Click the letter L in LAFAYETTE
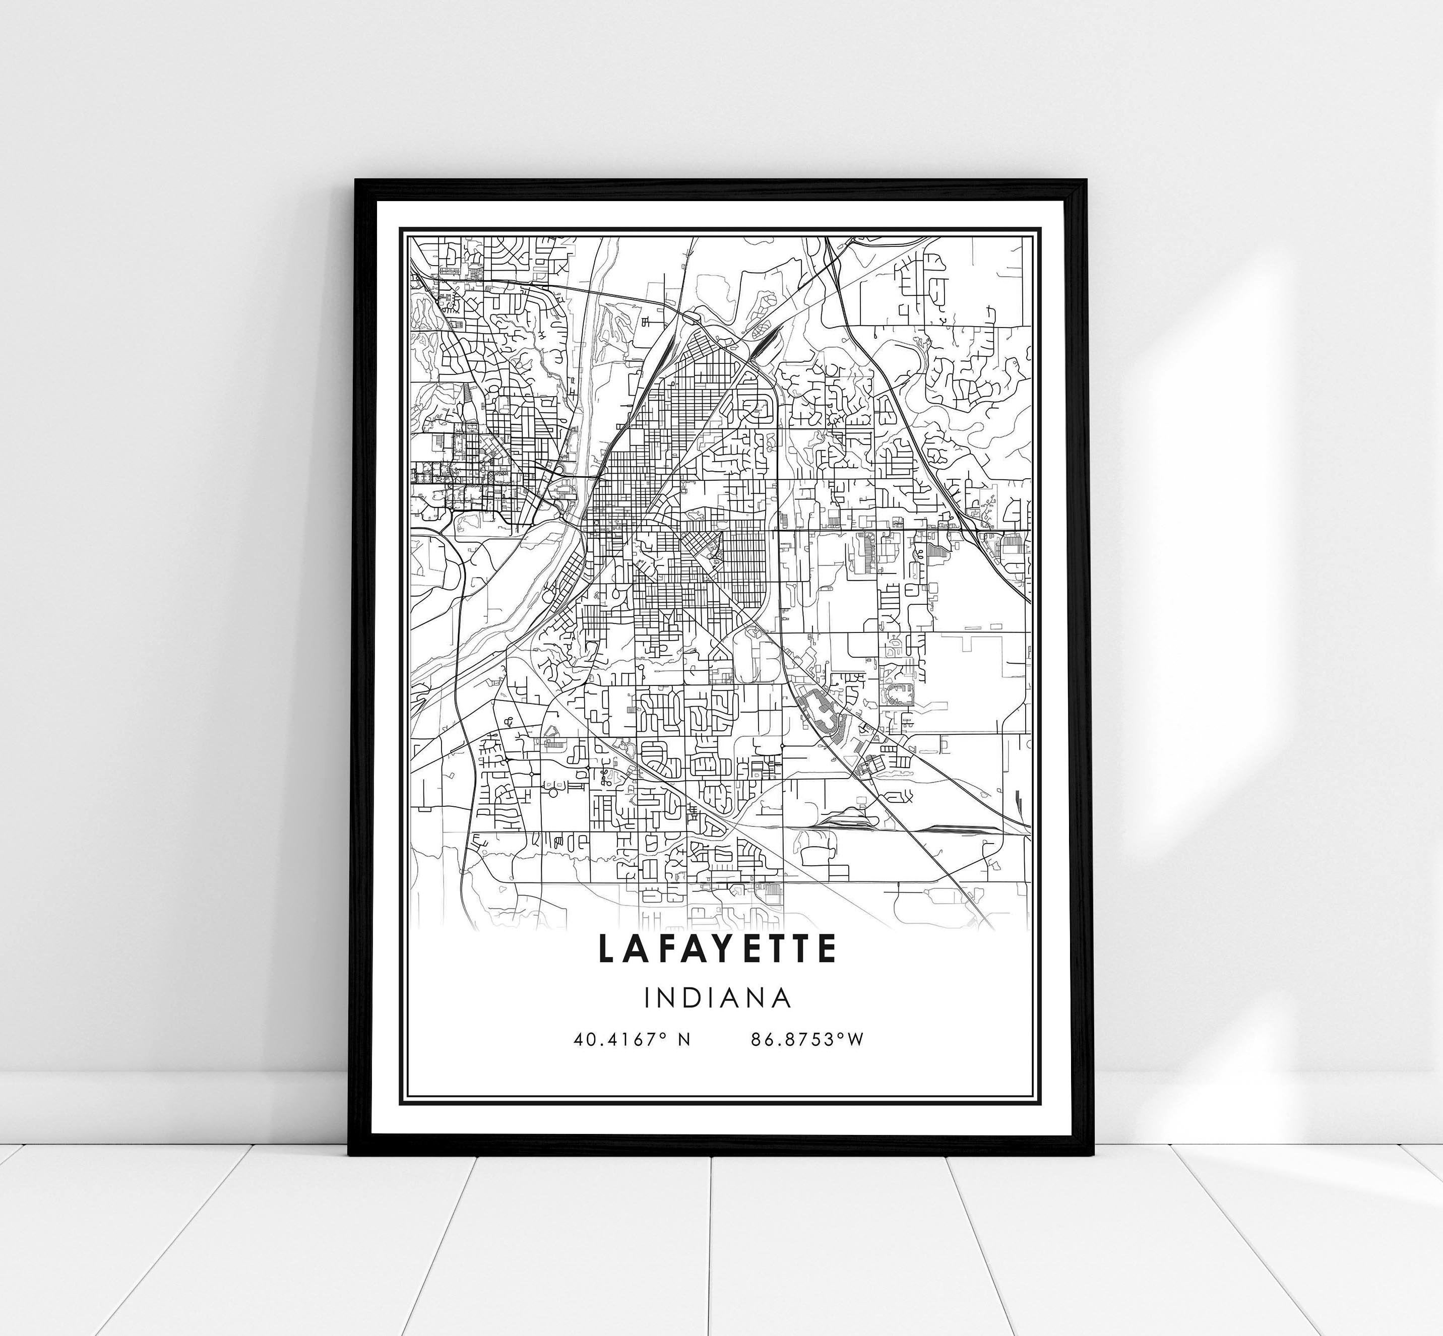click(x=606, y=949)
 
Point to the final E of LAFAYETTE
click(x=829, y=949)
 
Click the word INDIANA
click(x=716, y=998)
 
